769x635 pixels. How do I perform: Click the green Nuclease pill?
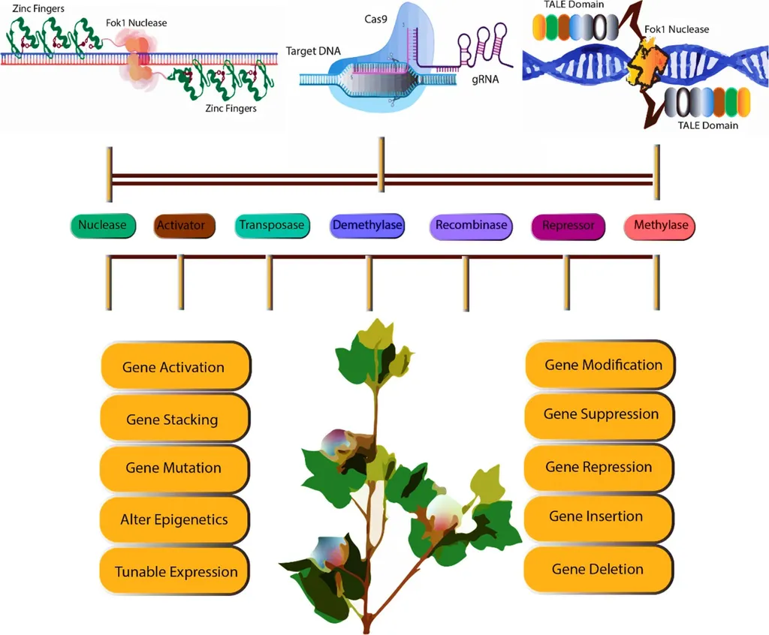point(102,225)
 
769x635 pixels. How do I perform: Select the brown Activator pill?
point(181,226)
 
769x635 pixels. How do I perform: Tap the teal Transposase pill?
point(271,225)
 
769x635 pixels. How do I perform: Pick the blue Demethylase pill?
point(367,225)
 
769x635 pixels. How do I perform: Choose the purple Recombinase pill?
point(471,225)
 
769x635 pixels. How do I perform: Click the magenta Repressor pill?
point(568,226)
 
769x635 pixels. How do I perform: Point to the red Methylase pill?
point(660,225)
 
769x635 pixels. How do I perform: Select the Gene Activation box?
point(173,367)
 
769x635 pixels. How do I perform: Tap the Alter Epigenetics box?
point(173,519)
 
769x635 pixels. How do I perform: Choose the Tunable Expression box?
point(176,572)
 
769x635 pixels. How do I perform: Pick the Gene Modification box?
point(603,365)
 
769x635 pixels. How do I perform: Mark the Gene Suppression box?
point(601,414)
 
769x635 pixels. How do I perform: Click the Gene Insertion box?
point(596,516)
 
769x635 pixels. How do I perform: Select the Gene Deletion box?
point(597,569)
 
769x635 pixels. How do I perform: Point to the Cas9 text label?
point(376,17)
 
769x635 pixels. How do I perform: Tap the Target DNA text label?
point(312,52)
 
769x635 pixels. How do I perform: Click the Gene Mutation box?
point(173,468)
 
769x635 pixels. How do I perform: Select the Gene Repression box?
point(599,467)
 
